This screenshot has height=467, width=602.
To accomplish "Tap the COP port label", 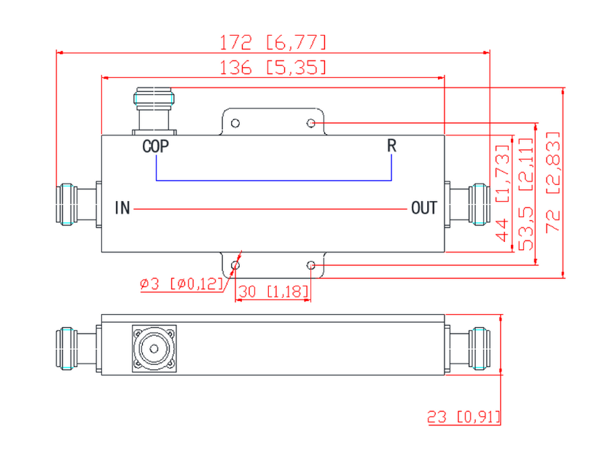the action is click(155, 146).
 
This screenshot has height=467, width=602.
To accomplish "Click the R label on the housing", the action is click(391, 146).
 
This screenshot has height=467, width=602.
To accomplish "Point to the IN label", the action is click(122, 208).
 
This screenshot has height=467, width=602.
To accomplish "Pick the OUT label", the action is click(424, 208).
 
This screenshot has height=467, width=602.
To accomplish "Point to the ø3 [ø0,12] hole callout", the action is click(181, 284).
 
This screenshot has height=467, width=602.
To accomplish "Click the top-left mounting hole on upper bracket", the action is click(235, 123).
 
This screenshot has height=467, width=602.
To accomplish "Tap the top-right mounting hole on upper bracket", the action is click(311, 123).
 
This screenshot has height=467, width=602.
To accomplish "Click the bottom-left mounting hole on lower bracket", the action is click(235, 265).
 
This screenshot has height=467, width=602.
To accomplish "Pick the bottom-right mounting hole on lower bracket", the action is click(311, 265).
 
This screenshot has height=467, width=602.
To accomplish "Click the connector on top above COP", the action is click(154, 111).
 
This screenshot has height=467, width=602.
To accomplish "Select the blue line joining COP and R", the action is click(274, 180).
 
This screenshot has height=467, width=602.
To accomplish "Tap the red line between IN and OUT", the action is click(270, 209).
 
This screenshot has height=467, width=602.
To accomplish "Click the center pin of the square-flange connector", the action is click(154, 349).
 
